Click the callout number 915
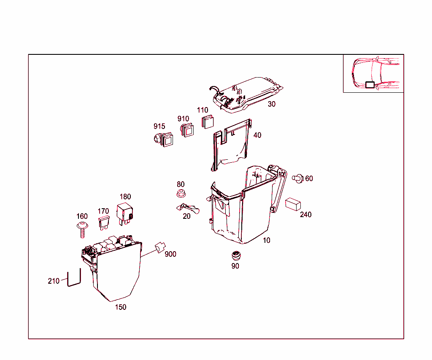(x=159, y=126)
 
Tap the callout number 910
(x=183, y=119)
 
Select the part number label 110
(x=203, y=110)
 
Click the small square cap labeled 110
(x=207, y=121)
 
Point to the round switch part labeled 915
(x=163, y=139)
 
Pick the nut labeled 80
(x=181, y=194)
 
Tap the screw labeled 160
(x=83, y=230)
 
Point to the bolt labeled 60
(x=299, y=178)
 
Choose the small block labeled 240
(x=293, y=204)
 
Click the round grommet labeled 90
(x=235, y=255)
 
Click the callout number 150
(x=121, y=307)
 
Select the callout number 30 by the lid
(x=272, y=104)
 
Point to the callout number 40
(x=257, y=135)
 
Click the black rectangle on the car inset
(x=370, y=84)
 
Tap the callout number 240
(x=306, y=215)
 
